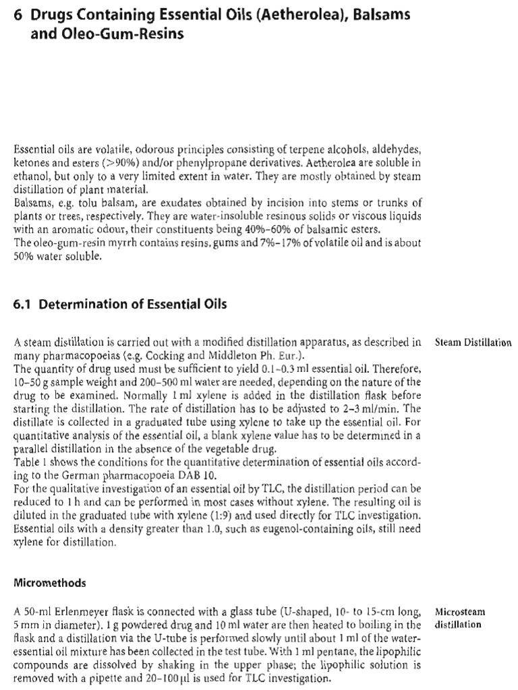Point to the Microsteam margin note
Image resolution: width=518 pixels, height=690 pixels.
click(461, 613)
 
